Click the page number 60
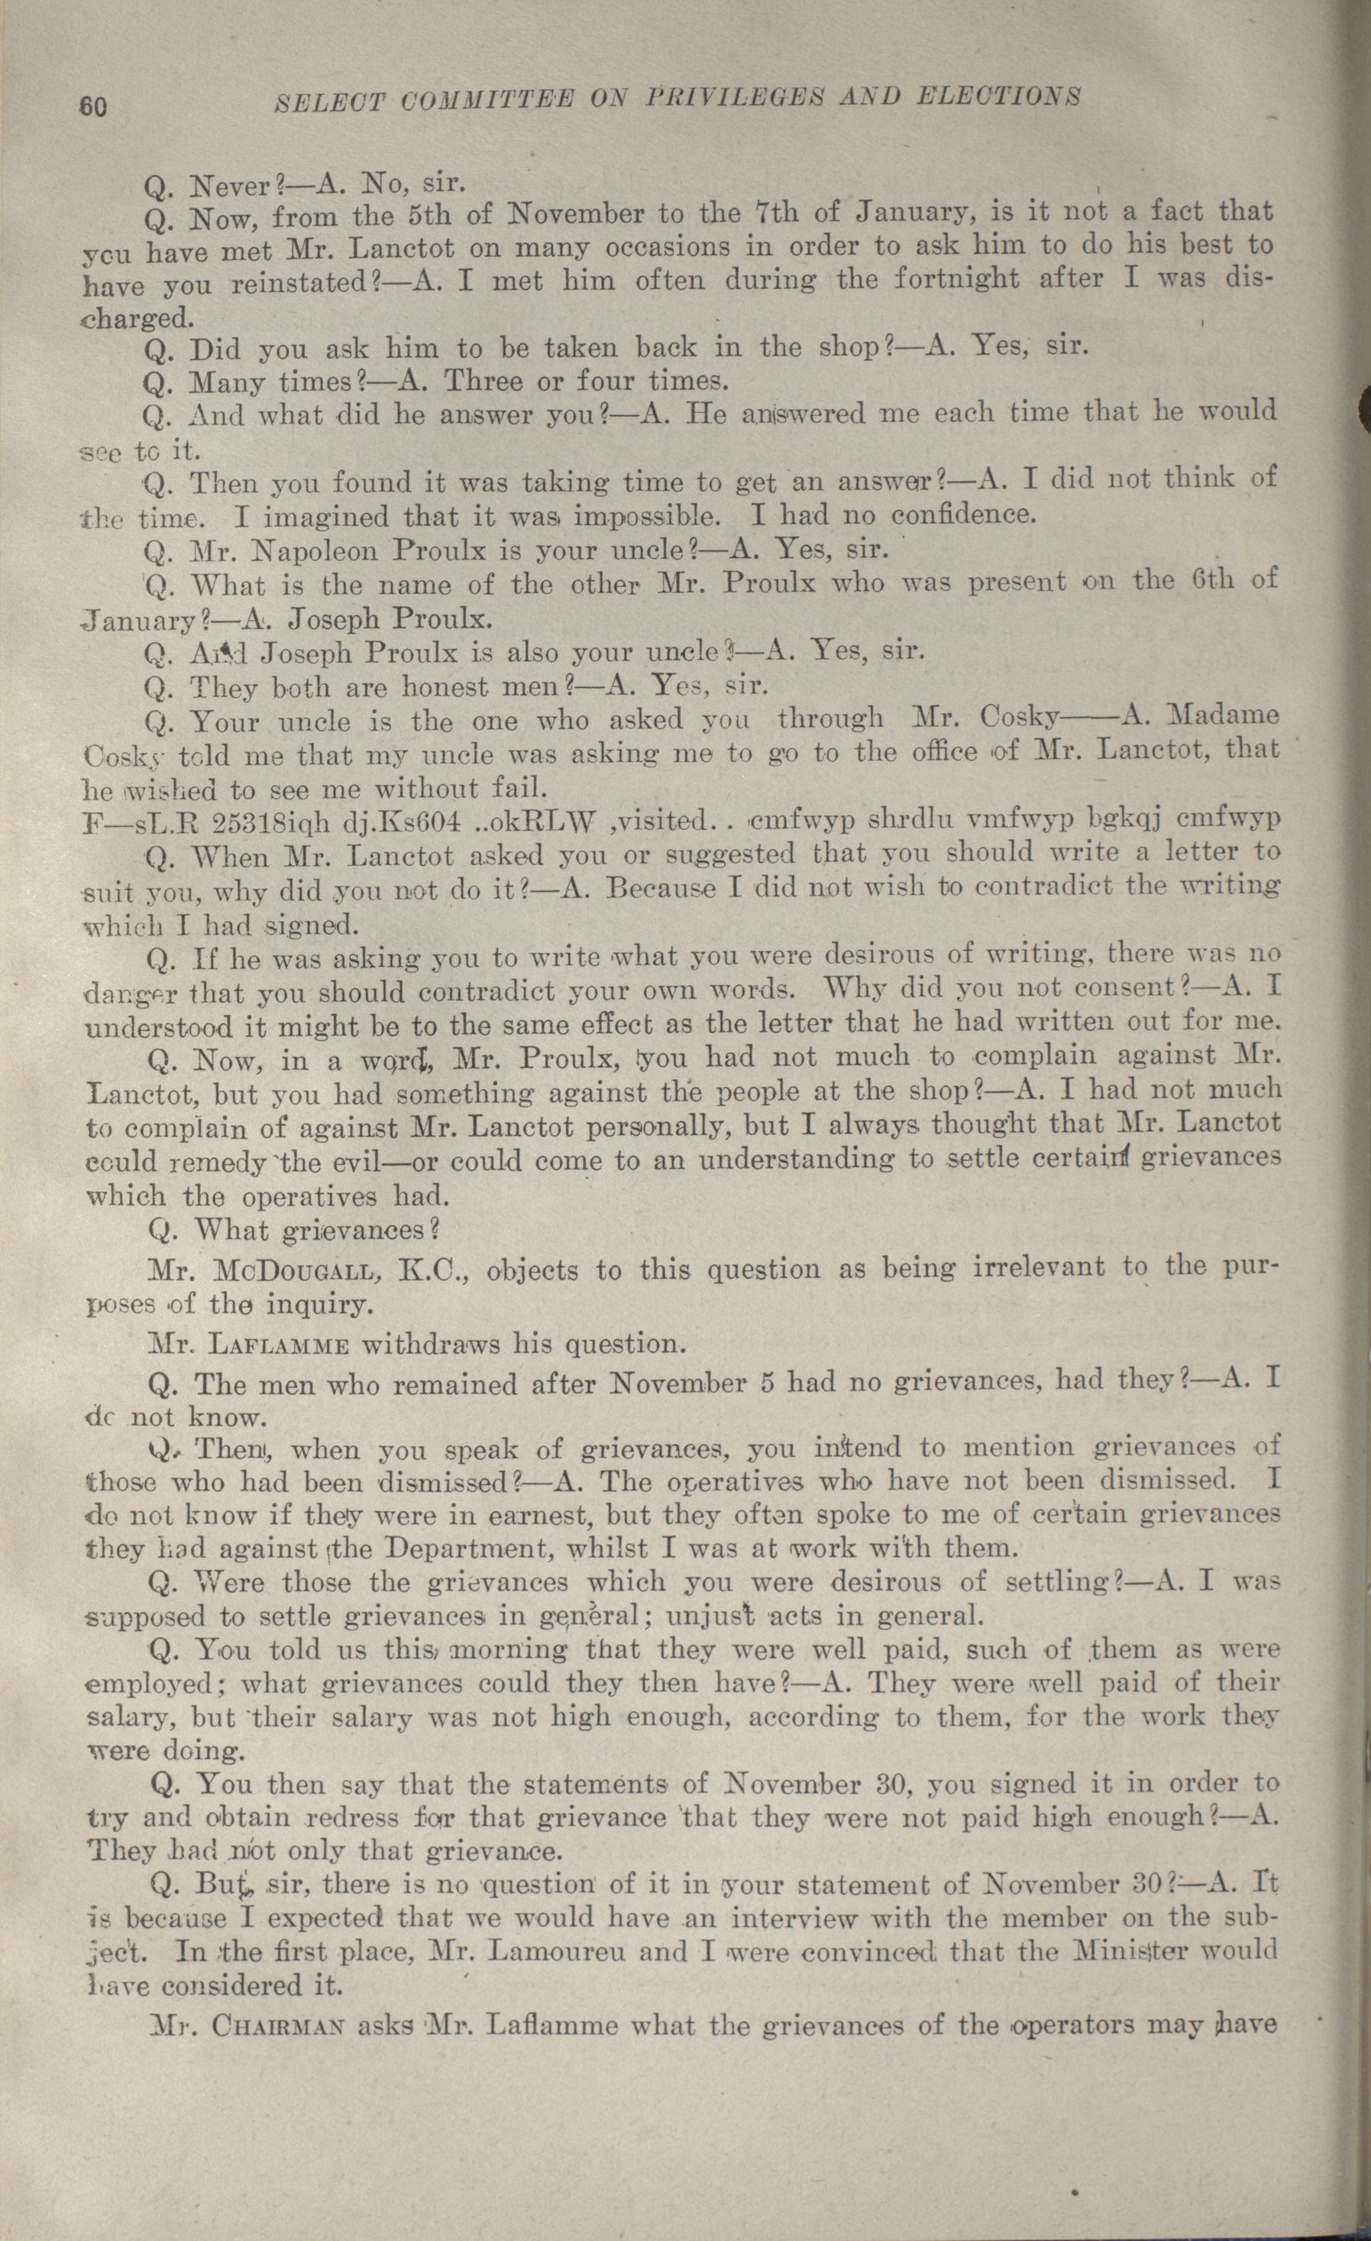pyautogui.click(x=92, y=105)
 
